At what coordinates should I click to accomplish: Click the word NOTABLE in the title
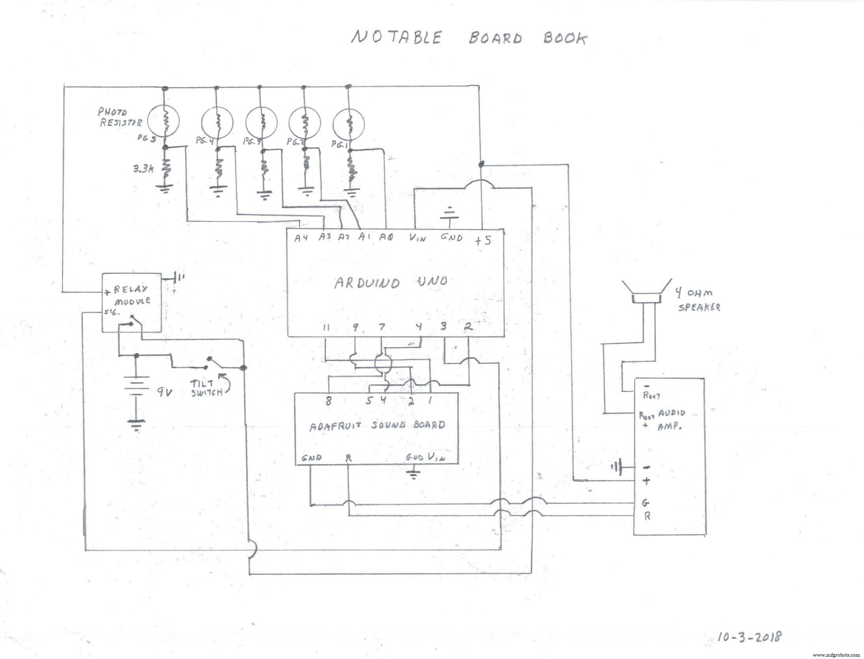pyautogui.click(x=396, y=37)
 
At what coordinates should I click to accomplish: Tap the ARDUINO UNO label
pyautogui.click(x=390, y=282)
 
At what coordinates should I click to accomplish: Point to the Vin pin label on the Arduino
pyautogui.click(x=417, y=238)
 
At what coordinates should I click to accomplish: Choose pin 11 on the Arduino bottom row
pyautogui.click(x=326, y=327)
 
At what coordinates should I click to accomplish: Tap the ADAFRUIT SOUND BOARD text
pyautogui.click(x=377, y=425)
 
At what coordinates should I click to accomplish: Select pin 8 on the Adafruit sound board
pyautogui.click(x=328, y=401)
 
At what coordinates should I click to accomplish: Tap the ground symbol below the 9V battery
pyautogui.click(x=136, y=426)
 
